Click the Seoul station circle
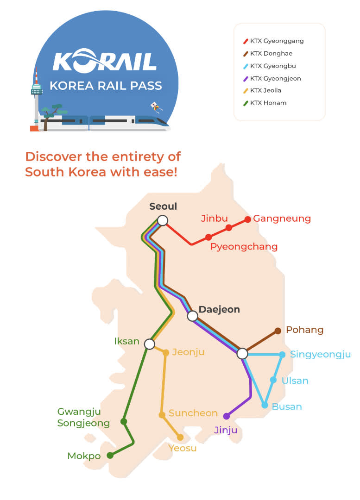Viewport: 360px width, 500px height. (x=162, y=220)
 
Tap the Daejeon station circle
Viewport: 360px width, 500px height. (x=192, y=316)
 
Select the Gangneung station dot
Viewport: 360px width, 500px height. (x=247, y=219)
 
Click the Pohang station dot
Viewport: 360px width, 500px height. (x=278, y=331)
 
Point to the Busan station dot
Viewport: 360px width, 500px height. (x=265, y=405)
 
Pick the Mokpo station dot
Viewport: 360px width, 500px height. (x=110, y=456)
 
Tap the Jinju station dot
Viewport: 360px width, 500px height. (x=226, y=416)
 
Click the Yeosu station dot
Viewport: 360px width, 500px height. (x=180, y=437)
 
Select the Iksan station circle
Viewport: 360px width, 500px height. (x=149, y=344)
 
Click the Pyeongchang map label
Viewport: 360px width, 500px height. (x=244, y=247)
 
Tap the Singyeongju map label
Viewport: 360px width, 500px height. (x=320, y=355)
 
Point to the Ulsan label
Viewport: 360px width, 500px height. (x=295, y=381)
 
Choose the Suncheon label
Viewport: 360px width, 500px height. (x=193, y=413)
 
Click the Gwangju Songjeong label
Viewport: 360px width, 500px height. (x=83, y=417)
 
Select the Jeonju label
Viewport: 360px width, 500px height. (x=188, y=352)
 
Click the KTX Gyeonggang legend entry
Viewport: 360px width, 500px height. (x=276, y=41)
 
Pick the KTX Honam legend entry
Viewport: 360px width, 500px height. (x=268, y=103)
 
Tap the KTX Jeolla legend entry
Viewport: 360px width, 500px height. (x=265, y=90)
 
